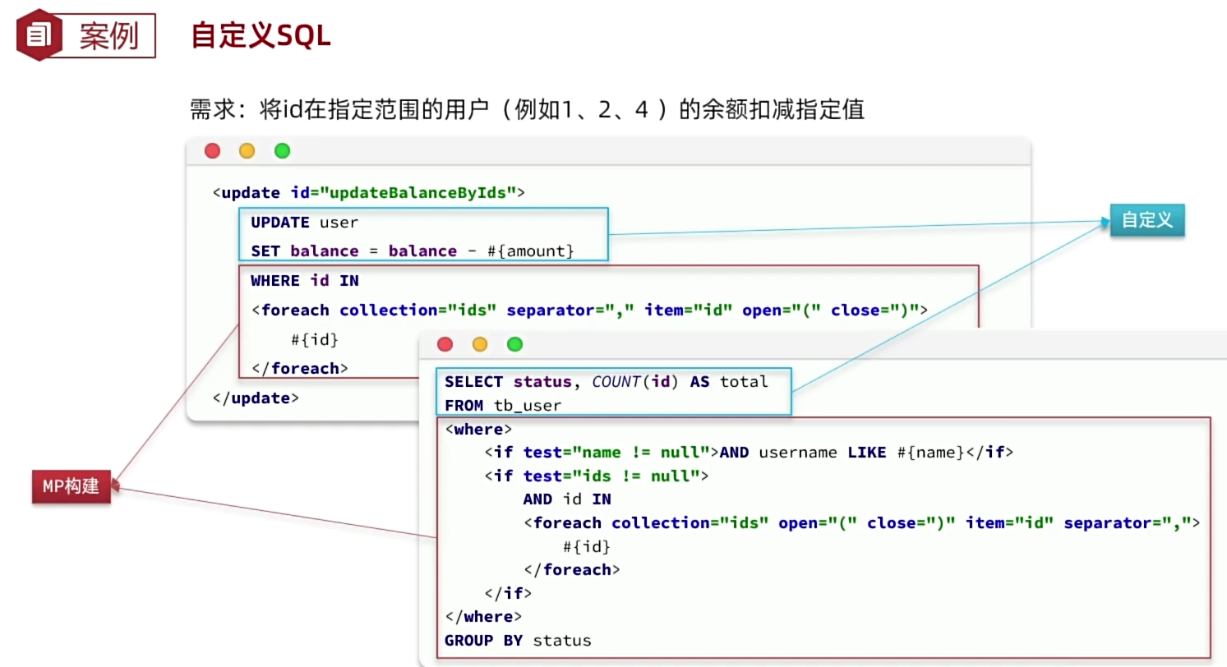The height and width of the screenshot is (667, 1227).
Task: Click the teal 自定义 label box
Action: point(1146,220)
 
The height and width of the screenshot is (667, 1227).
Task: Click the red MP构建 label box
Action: point(71,486)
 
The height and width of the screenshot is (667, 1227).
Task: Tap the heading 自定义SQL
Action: point(261,36)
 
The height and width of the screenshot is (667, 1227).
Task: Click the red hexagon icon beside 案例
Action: point(38,35)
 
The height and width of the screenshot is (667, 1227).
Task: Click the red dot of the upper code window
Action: point(212,150)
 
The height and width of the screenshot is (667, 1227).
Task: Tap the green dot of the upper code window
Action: point(282,150)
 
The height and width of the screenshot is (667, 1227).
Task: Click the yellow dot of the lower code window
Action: point(480,344)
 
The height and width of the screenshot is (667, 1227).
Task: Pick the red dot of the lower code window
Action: point(445,344)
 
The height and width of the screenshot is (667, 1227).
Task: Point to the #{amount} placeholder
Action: point(531,251)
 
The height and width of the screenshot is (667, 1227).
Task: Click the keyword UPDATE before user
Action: point(280,222)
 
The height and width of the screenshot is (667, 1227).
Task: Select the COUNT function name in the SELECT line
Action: point(616,381)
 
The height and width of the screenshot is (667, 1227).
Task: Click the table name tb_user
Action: point(528,405)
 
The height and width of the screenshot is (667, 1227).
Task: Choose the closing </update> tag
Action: point(256,398)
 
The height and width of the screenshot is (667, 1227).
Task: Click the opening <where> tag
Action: point(478,429)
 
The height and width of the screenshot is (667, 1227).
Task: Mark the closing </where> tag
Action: point(483,616)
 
